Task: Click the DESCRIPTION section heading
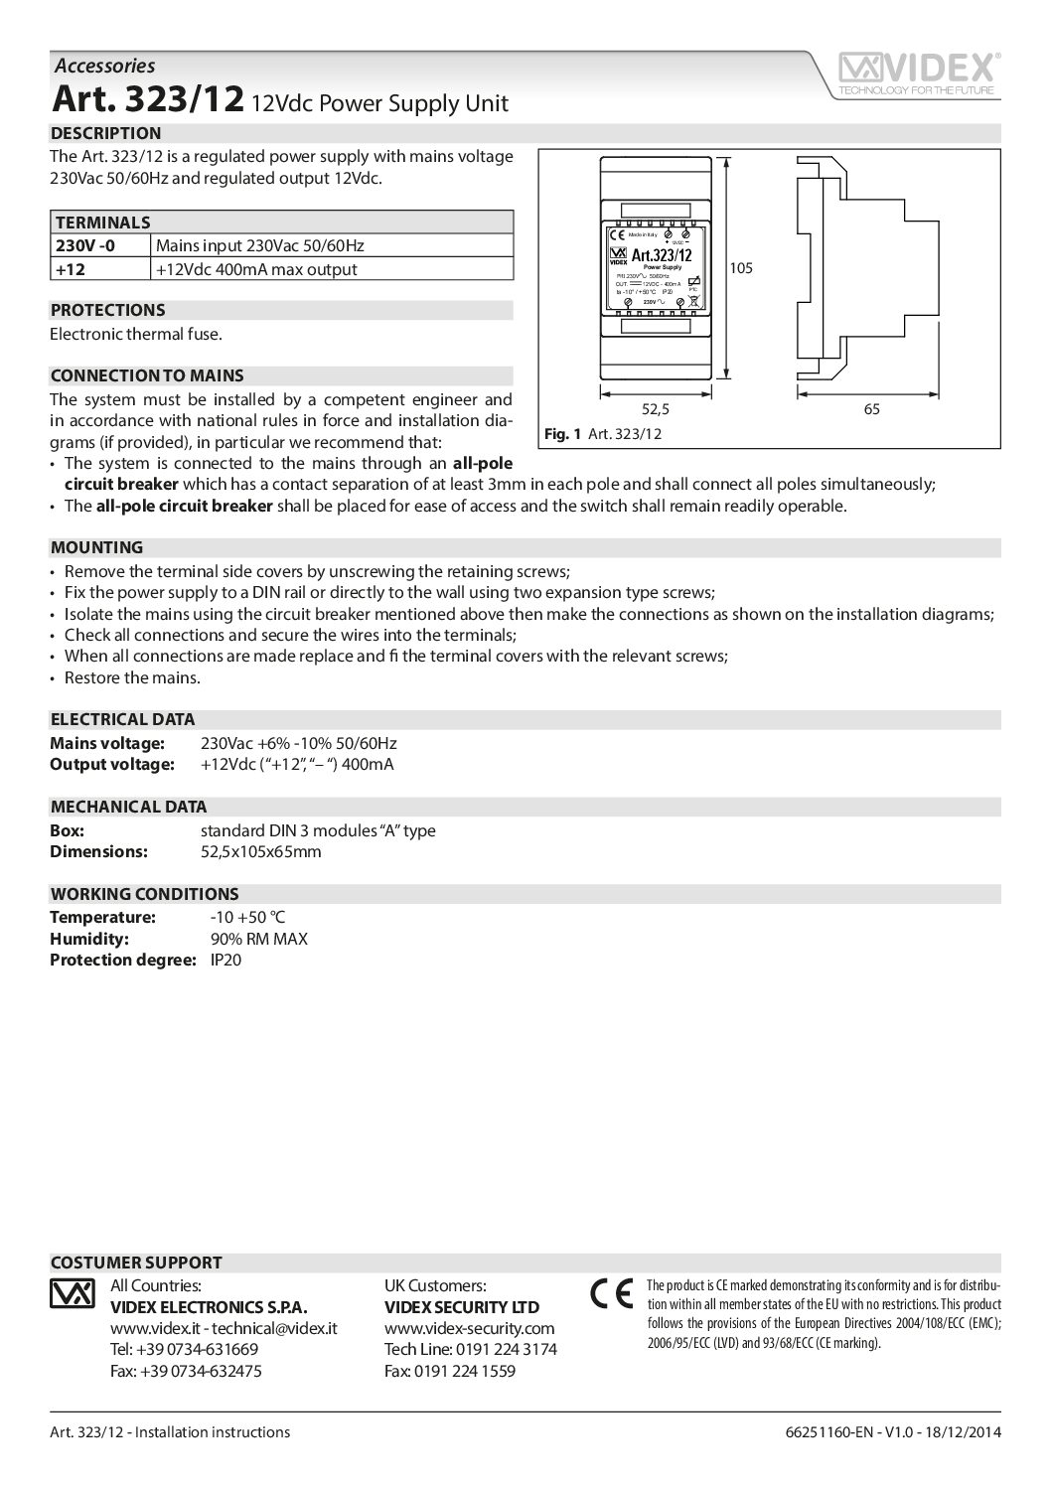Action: tap(105, 133)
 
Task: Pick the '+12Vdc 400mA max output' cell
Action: tap(256, 269)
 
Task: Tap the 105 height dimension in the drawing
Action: tap(741, 268)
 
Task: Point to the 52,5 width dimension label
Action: tap(656, 408)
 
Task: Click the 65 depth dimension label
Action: tap(871, 408)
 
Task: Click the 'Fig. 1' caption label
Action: tap(562, 434)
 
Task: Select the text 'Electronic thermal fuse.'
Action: tap(136, 334)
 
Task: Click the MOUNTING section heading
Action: tap(96, 547)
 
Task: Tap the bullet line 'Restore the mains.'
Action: tap(132, 677)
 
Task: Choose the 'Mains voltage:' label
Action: tap(106, 743)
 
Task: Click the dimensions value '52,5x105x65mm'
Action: tap(261, 851)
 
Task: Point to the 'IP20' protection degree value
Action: tap(225, 960)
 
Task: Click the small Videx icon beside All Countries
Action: tap(71, 1294)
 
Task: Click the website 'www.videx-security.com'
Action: tap(469, 1328)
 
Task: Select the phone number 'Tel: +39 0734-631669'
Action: tap(184, 1349)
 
